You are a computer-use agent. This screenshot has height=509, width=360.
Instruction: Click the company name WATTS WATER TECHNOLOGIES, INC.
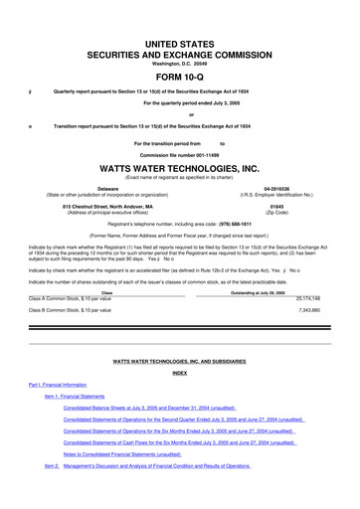tap(180, 169)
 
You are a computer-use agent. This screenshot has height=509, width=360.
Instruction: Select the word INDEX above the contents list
tap(180, 372)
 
